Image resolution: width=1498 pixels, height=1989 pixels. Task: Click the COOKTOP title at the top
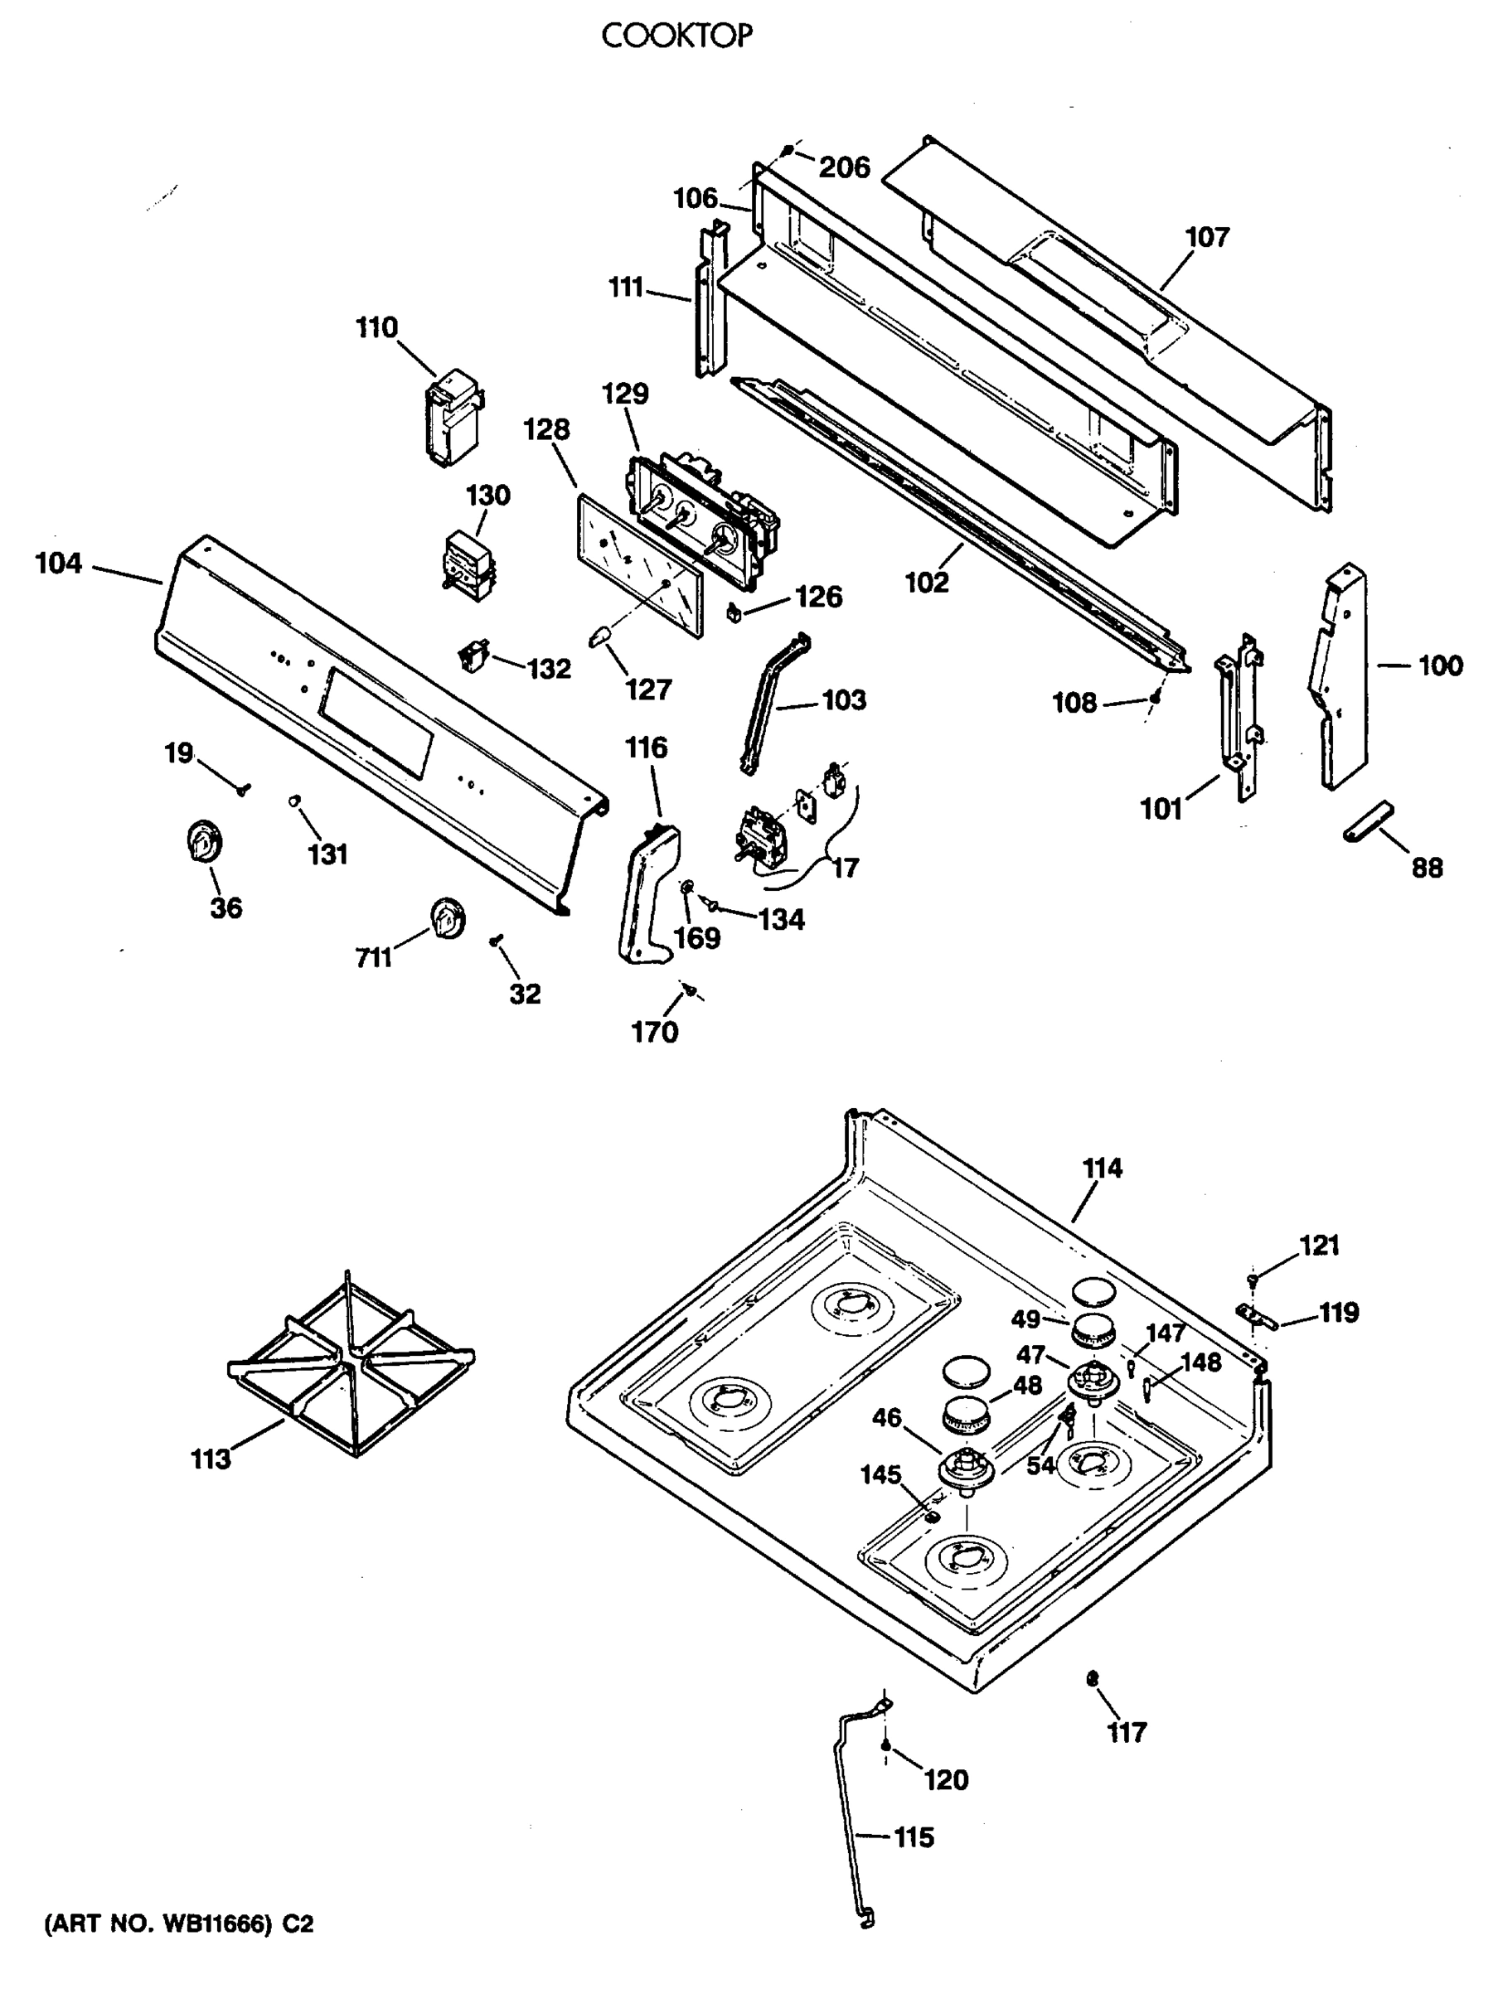676,36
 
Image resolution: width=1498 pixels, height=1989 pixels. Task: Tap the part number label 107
1205,237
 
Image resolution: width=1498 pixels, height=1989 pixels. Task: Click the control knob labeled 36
205,844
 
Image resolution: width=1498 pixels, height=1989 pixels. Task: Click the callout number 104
59,564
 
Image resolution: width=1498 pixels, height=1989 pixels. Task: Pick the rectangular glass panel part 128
639,563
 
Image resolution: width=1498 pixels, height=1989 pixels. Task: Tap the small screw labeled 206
788,151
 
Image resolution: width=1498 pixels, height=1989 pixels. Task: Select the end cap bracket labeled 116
647,890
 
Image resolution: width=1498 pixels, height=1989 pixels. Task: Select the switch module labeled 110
453,419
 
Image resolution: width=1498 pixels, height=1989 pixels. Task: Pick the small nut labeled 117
1093,1678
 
